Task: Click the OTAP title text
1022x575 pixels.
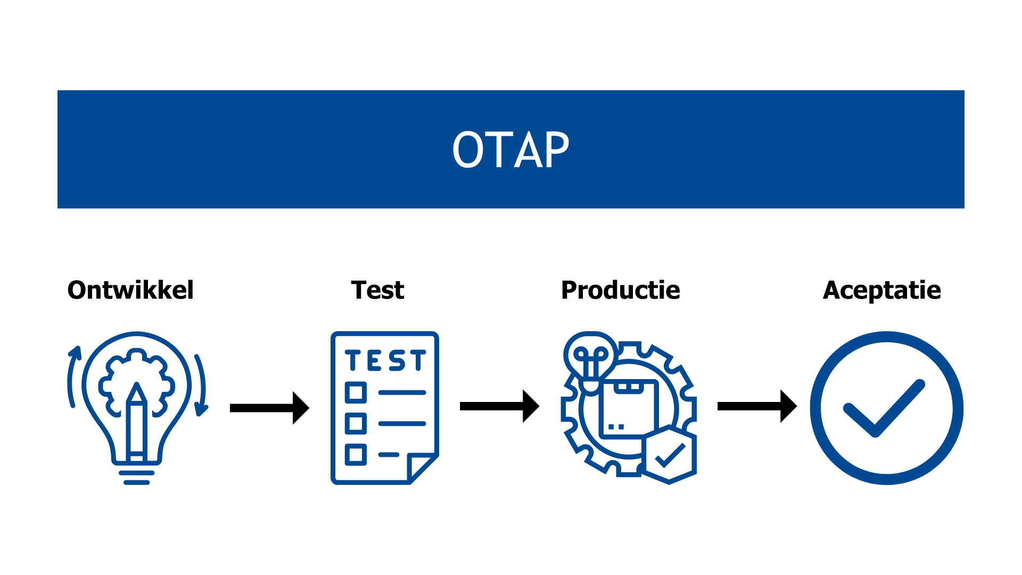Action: (510, 150)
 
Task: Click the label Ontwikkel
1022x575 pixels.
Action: (130, 290)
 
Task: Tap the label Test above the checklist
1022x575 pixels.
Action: (377, 290)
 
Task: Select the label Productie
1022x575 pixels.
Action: (621, 290)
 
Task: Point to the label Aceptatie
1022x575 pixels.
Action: (881, 290)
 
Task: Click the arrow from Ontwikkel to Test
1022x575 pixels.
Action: (269, 408)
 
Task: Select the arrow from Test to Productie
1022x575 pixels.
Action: (499, 406)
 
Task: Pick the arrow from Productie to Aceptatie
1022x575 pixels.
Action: (756, 406)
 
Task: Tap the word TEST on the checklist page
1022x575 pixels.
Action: (385, 360)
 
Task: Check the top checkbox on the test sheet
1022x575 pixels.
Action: (356, 392)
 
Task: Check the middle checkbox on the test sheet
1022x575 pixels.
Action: (356, 423)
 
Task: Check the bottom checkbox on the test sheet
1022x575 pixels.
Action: (356, 454)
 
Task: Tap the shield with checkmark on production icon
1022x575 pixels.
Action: (669, 455)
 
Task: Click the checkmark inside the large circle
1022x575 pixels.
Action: (884, 409)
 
